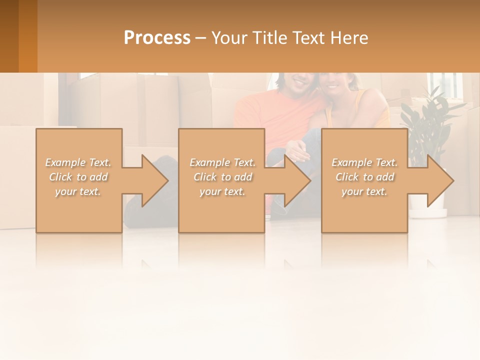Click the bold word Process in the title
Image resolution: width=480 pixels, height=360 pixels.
(x=157, y=37)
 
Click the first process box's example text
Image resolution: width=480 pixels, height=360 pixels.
(x=78, y=177)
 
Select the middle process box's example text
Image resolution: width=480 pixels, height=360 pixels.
(x=222, y=177)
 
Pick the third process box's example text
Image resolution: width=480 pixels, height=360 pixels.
(x=364, y=177)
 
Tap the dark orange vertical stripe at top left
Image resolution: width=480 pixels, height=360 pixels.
(x=27, y=36)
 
